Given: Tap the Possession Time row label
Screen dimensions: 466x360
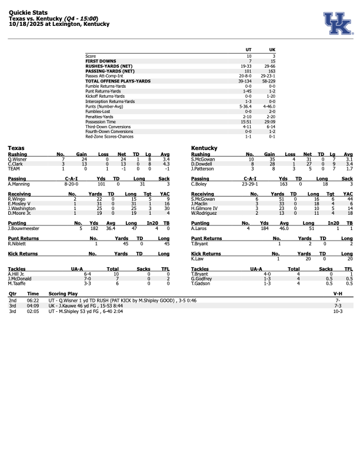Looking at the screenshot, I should [101, 122].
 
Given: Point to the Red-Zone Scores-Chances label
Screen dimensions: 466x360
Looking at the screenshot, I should [109, 137].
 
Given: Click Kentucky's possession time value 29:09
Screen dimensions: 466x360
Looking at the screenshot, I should [272, 122].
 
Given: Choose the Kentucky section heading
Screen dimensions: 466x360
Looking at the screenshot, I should [205, 148].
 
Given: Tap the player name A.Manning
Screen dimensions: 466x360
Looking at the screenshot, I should [19, 184].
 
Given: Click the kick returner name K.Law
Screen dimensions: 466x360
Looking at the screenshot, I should [197, 258].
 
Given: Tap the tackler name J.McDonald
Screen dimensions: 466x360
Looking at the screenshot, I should [19, 278].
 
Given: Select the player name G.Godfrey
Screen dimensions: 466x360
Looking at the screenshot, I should [202, 278].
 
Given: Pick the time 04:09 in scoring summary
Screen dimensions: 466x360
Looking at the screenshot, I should [33, 306].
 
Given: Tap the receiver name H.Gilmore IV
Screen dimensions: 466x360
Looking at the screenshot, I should [205, 208].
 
